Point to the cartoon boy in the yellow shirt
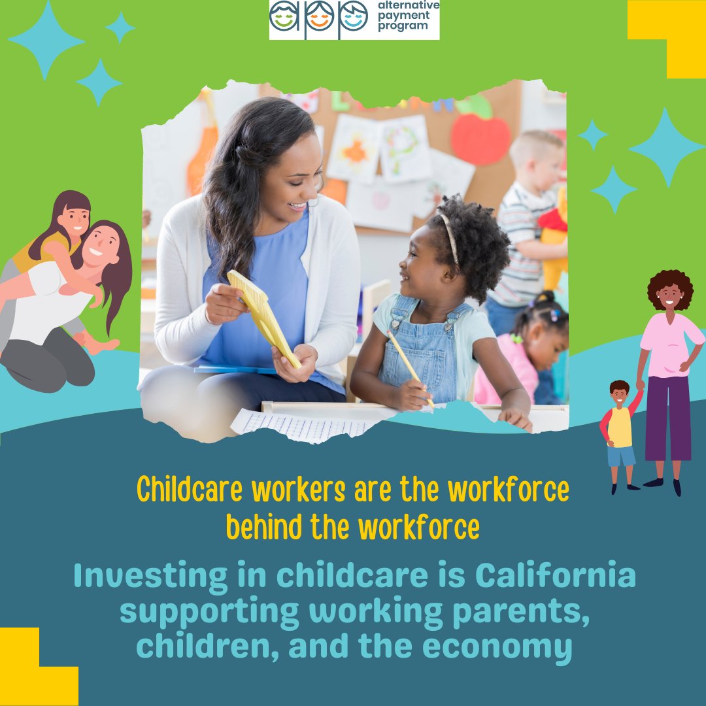coord(620,432)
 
